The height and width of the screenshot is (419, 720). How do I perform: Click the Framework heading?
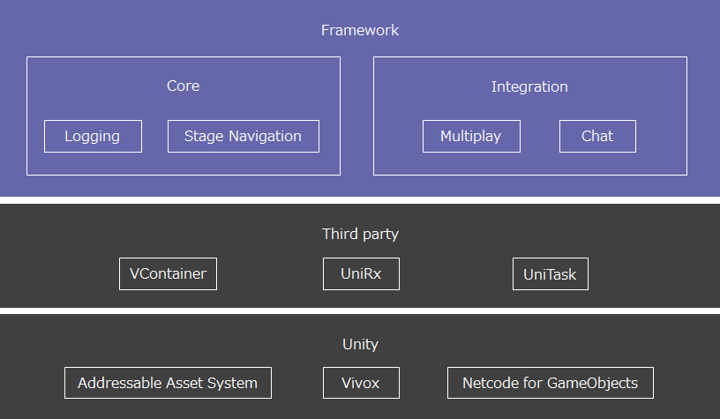[x=360, y=30]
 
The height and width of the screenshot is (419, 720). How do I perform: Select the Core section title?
[x=184, y=86]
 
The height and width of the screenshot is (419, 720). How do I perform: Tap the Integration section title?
[x=529, y=86]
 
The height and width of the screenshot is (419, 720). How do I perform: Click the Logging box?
[x=93, y=137]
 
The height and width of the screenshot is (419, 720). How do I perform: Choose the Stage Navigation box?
[x=244, y=137]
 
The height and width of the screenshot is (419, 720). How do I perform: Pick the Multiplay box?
[x=471, y=137]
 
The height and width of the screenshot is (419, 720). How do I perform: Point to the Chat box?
[x=597, y=137]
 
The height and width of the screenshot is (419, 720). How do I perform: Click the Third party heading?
[x=360, y=234]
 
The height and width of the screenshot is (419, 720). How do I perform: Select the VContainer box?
[x=168, y=274]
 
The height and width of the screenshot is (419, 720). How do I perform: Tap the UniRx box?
[x=361, y=274]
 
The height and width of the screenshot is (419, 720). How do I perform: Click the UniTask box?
[x=550, y=274]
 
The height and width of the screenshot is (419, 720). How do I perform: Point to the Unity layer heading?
[x=360, y=344]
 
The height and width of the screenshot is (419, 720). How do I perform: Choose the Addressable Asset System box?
[x=168, y=383]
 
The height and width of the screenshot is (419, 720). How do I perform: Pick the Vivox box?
[x=361, y=383]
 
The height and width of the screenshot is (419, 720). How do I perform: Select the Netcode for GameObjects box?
[x=550, y=383]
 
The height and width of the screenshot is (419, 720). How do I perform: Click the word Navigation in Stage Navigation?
[x=265, y=137]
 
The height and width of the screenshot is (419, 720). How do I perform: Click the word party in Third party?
[x=379, y=235]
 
